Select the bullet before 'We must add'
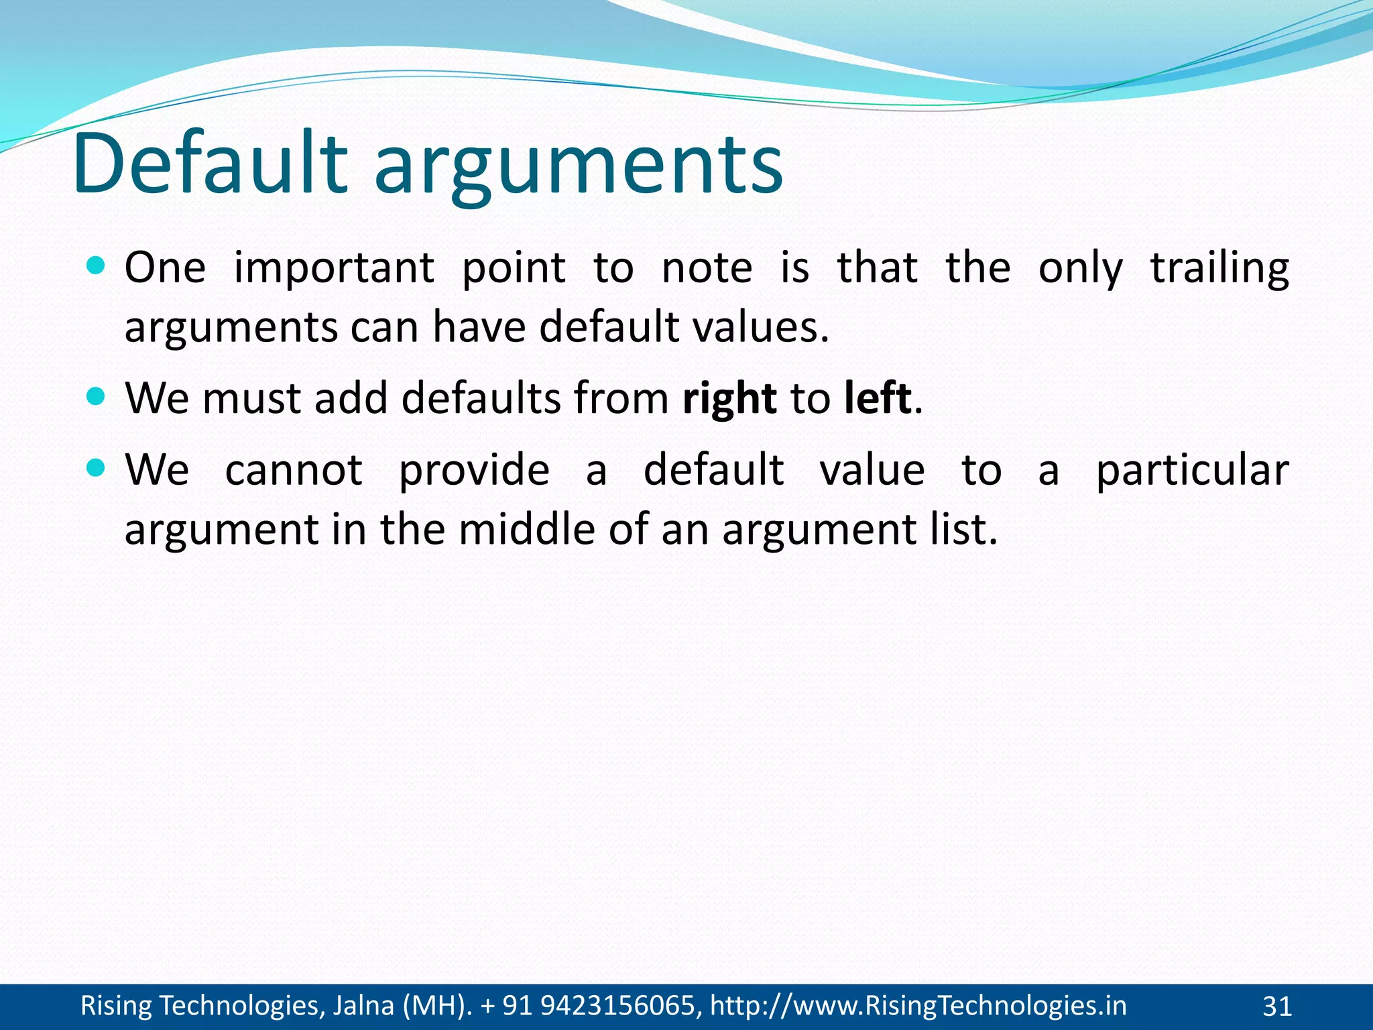coord(97,397)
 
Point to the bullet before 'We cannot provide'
coord(97,468)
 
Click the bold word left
coord(878,398)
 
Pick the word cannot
coord(294,470)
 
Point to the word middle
coord(527,530)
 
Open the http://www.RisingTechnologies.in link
coord(918,1006)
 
